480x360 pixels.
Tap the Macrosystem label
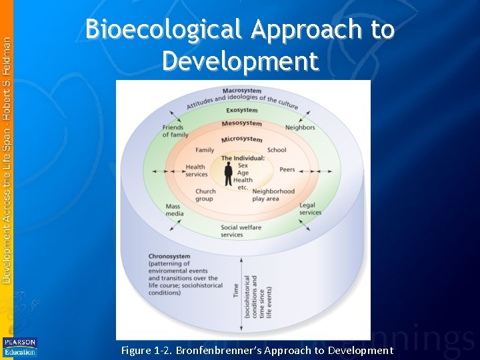241,91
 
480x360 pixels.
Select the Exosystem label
241,110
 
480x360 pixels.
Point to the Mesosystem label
241,123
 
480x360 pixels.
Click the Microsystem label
241,139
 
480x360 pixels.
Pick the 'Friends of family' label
175,131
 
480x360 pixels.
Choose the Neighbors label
300,127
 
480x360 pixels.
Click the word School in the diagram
277,150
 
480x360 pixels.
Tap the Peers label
287,169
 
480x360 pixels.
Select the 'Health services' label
196,171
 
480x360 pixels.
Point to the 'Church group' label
205,195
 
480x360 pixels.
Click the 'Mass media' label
173,211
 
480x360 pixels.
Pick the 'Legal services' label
310,209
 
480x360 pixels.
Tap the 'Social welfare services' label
241,231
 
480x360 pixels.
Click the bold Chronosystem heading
169,257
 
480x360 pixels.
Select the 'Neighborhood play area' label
273,195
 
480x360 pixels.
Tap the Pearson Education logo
19,347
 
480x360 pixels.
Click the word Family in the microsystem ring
205,150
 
